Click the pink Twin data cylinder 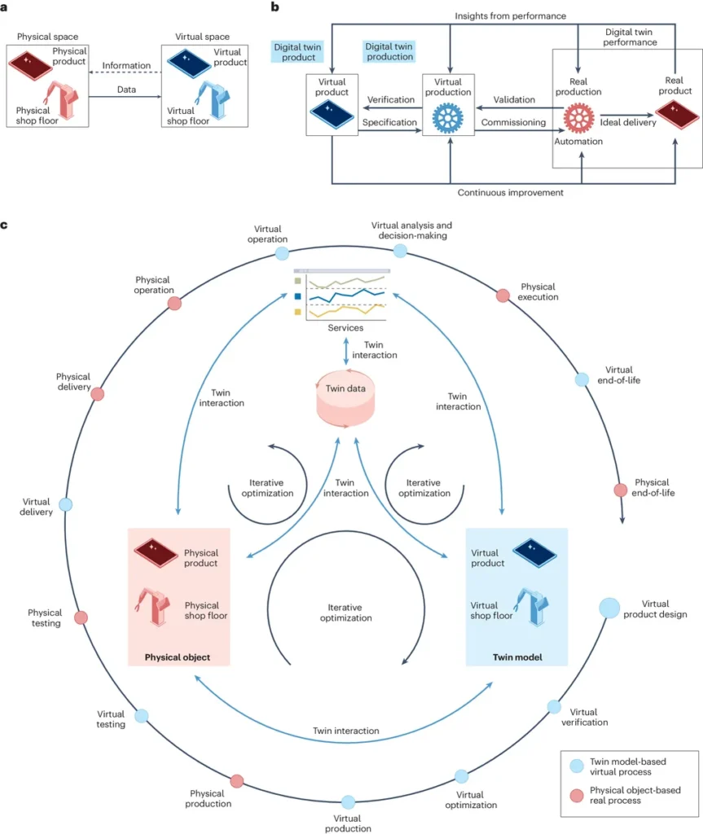(x=345, y=399)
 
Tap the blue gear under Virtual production (x=447, y=117)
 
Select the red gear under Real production (x=579, y=117)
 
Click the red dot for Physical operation (x=174, y=303)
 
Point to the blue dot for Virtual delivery (x=65, y=504)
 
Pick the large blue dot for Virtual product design (x=609, y=608)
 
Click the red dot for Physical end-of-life (x=621, y=489)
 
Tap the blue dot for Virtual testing (x=142, y=716)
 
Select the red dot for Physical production (x=237, y=781)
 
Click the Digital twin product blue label (x=297, y=51)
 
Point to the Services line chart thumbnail (x=341, y=295)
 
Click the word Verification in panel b (x=391, y=99)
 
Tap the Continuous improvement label (x=511, y=192)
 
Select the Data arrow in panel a (x=125, y=96)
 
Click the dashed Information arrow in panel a (x=125, y=72)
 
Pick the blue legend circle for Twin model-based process (x=577, y=766)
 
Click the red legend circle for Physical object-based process (x=577, y=795)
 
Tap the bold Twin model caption (x=517, y=657)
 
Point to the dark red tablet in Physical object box (x=156, y=553)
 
